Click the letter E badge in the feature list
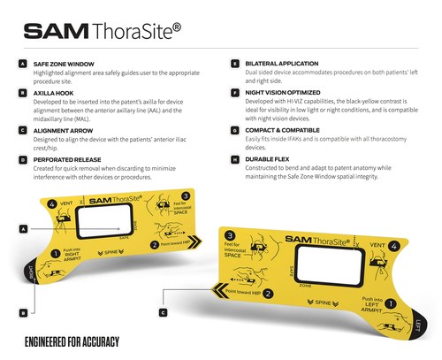234,65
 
